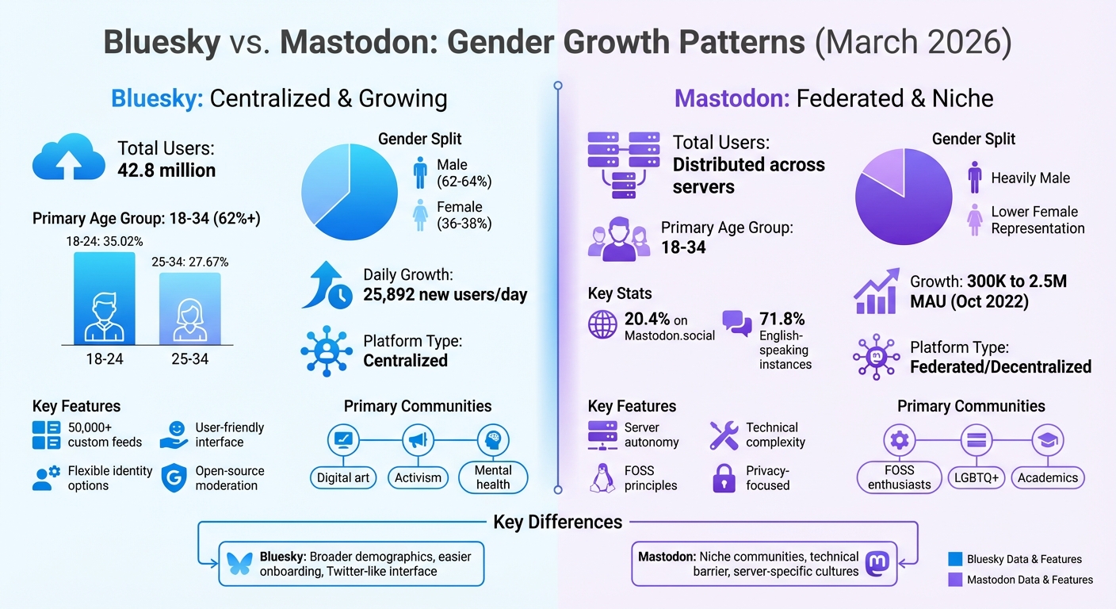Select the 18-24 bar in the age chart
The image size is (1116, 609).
[105, 297]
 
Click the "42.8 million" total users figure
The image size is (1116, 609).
[166, 170]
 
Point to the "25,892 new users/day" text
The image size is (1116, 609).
[445, 295]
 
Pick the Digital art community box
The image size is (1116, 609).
[343, 477]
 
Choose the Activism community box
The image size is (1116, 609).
[418, 477]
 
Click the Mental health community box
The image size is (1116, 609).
[493, 477]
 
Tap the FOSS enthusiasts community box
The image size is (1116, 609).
[899, 477]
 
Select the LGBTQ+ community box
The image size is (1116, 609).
[976, 477]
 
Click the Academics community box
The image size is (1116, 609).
[1048, 477]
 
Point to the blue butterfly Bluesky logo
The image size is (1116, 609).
[239, 563]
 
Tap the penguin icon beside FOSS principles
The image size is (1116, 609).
[602, 477]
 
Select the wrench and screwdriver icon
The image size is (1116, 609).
[724, 435]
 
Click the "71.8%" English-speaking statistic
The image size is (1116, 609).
[782, 319]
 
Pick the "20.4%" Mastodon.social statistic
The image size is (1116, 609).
[647, 319]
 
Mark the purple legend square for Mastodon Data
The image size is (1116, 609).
[955, 580]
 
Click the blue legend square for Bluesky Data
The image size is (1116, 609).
[955, 559]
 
